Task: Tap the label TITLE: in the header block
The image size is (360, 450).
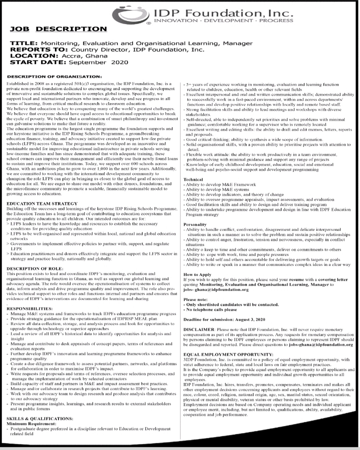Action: (23, 44)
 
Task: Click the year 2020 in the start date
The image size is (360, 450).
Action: (120, 63)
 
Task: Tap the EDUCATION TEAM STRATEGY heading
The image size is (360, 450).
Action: (42, 204)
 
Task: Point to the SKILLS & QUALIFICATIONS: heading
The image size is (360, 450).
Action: (40, 417)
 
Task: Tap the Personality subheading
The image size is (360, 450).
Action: (195, 224)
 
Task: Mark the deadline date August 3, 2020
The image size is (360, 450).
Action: (266, 318)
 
